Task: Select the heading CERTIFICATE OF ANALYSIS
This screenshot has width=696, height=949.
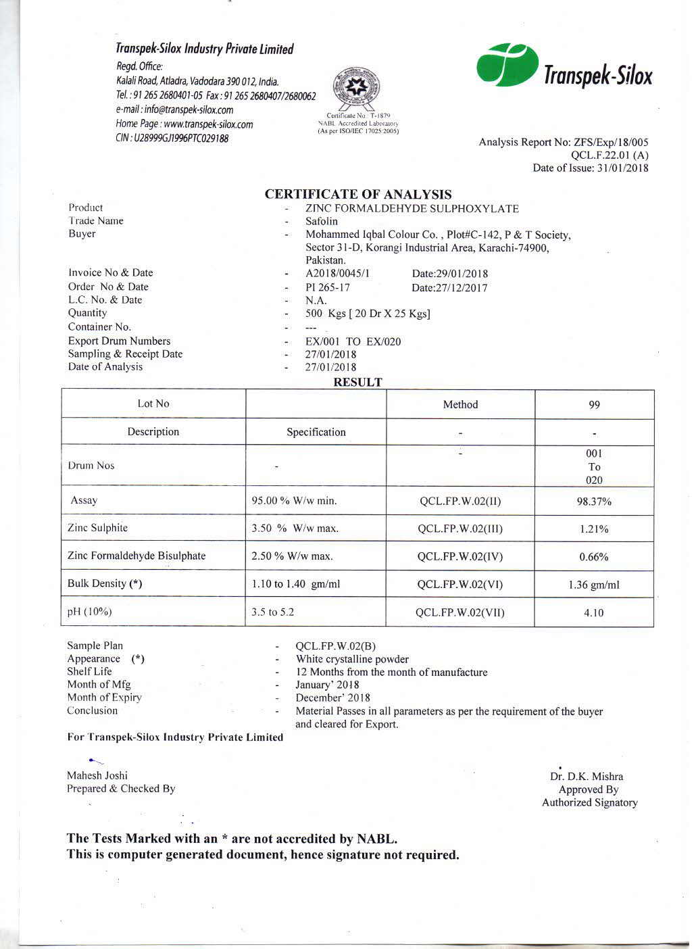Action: [x=358, y=195]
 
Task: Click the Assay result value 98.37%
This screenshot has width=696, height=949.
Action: [x=595, y=502]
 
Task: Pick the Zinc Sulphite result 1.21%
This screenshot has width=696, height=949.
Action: [x=595, y=529]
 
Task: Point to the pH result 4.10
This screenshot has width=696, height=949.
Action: [x=595, y=613]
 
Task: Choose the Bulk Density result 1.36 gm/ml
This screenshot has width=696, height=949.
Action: [x=594, y=585]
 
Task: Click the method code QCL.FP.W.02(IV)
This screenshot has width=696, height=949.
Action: [x=460, y=557]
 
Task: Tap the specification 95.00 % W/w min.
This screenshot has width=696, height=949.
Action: [x=294, y=501]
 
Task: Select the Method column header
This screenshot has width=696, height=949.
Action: [x=460, y=404]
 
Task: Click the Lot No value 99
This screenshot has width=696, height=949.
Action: [x=595, y=405]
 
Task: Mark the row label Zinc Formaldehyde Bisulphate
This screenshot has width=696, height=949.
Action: [x=136, y=556]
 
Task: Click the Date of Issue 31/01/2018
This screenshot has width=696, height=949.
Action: [x=620, y=168]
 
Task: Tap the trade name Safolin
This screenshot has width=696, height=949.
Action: [x=322, y=221]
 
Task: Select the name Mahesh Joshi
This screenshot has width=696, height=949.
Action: [x=97, y=775]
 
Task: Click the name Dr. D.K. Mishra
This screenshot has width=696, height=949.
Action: [x=587, y=777]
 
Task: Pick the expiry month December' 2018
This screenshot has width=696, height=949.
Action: [x=332, y=698]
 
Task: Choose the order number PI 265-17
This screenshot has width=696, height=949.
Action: [x=328, y=287]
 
